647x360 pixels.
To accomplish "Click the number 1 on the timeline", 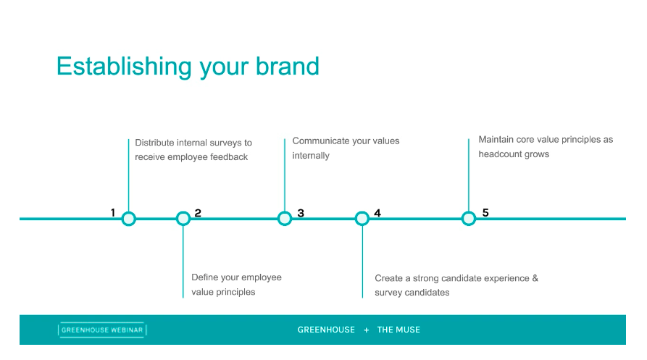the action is coord(112,212).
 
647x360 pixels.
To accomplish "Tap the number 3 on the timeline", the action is coord(301,213).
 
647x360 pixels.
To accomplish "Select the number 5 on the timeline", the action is coord(485,212).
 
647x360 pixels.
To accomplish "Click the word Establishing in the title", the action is coord(124,67).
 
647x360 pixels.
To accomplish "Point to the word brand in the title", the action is coord(288,66).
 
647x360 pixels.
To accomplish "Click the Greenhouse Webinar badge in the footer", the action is coord(102,330).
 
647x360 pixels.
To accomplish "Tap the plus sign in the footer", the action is coord(366,330).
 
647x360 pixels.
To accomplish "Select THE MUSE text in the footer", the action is coord(398,330).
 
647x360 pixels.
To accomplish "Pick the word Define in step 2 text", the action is coord(204,277).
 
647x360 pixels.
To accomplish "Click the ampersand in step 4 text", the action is coord(535,278).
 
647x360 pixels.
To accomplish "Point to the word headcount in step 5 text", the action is coord(500,154).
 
